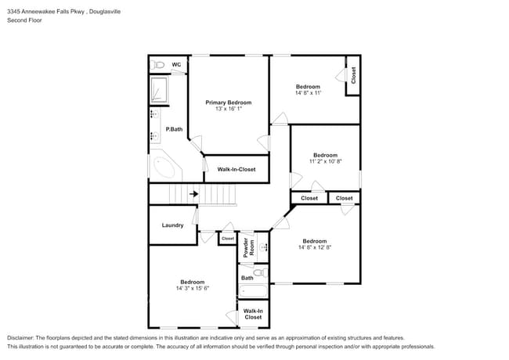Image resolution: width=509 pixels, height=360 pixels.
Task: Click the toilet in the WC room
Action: pyautogui.click(x=157, y=65)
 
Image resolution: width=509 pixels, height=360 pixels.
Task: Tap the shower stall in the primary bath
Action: pyautogui.click(x=159, y=90)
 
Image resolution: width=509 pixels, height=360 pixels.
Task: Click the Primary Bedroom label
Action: pyautogui.click(x=228, y=103)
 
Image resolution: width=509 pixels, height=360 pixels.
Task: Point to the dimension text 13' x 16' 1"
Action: pyautogui.click(x=229, y=109)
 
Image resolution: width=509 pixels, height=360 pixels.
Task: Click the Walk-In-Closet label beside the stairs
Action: pyautogui.click(x=236, y=169)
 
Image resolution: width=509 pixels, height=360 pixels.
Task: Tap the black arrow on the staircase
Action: pyautogui.click(x=193, y=194)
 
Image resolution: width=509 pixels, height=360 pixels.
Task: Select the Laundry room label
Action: pyautogui.click(x=173, y=225)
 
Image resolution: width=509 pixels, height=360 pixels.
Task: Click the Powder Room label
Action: pyautogui.click(x=249, y=247)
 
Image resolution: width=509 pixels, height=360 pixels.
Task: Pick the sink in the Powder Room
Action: pyautogui.click(x=264, y=247)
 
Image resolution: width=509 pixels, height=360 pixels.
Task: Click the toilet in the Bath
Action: pyautogui.click(x=260, y=272)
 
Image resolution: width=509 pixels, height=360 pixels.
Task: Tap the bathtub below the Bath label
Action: pyautogui.click(x=253, y=291)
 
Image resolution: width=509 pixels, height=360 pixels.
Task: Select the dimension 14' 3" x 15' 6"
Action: pyautogui.click(x=193, y=288)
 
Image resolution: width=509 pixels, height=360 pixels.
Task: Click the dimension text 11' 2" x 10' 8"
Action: pyautogui.click(x=325, y=161)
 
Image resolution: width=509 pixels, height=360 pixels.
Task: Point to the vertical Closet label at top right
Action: pyautogui.click(x=353, y=75)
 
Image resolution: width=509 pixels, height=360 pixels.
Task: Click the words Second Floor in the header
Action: pyautogui.click(x=24, y=20)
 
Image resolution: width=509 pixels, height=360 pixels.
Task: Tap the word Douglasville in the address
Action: pyautogui.click(x=105, y=12)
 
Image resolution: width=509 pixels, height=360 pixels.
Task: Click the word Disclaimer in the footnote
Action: pyautogui.click(x=20, y=338)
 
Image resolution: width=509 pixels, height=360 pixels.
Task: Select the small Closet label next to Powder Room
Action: pyautogui.click(x=228, y=239)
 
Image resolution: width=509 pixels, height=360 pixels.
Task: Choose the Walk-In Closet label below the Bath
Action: pyautogui.click(x=253, y=314)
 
